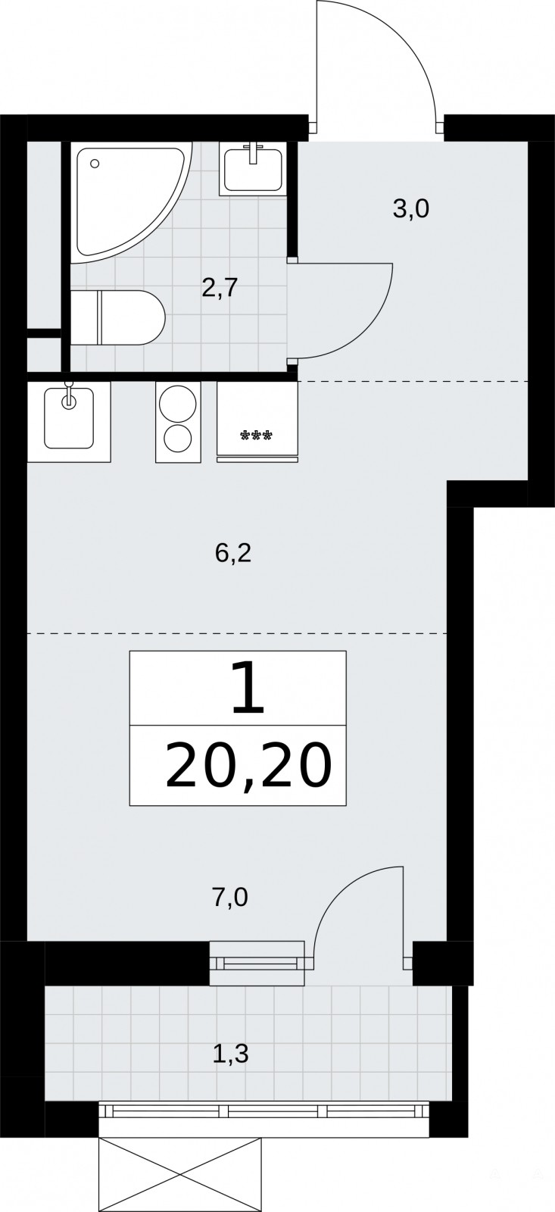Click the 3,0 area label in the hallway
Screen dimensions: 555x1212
410,209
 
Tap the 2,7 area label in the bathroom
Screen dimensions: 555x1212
220,288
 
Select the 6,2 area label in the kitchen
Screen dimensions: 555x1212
233,553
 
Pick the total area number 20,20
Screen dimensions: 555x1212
248,765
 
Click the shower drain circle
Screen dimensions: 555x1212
95,163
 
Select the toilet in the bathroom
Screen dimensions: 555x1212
117,317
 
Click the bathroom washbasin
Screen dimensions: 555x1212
253,168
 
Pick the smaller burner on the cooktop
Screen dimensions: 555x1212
177,439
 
